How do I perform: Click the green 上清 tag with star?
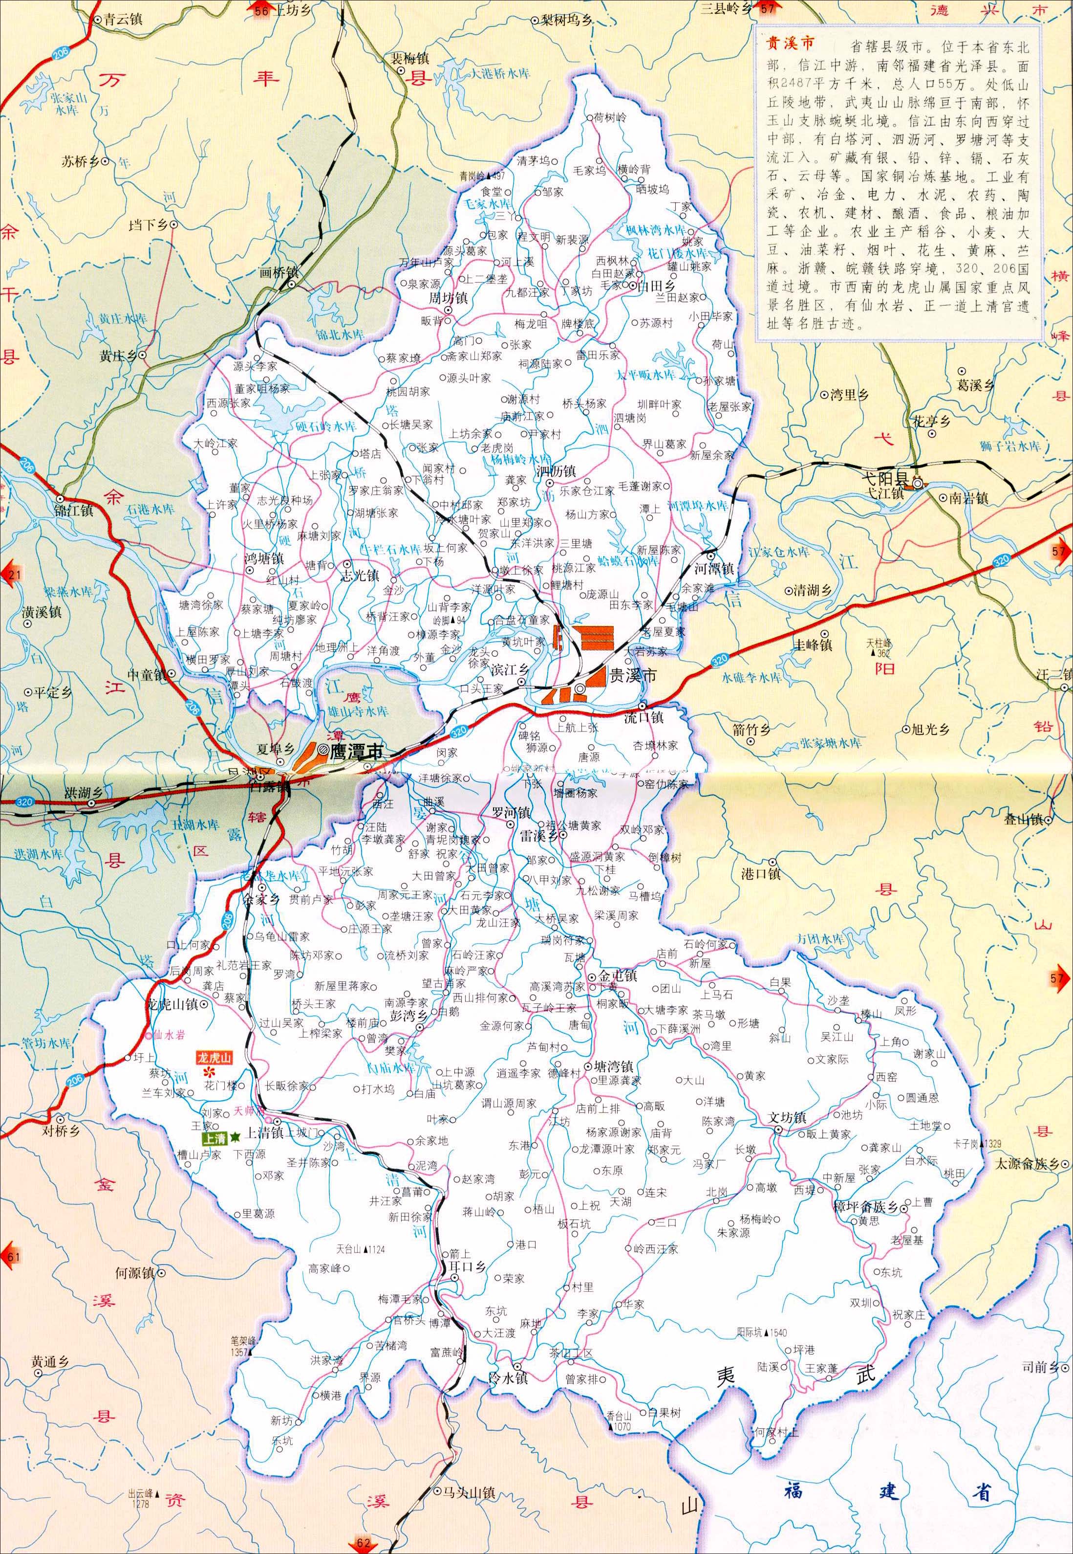(215, 1137)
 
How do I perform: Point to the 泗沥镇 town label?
(556, 470)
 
